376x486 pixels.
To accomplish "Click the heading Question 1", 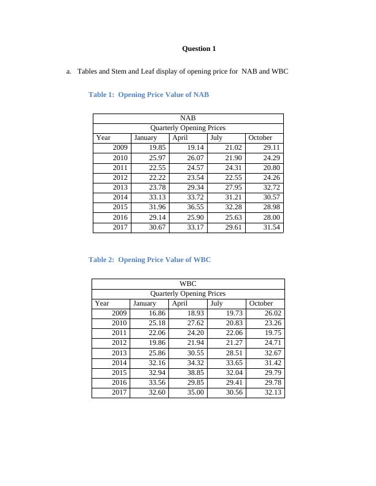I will tap(199, 48).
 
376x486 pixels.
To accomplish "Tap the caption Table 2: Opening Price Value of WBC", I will tap(149, 260).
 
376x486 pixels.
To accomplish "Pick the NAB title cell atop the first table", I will tap(188, 118).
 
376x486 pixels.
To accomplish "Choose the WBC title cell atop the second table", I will tap(188, 283).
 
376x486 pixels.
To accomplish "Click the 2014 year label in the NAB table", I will tap(120, 197).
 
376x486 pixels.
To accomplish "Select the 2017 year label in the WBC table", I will tap(119, 393).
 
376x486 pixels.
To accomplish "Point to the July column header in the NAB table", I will tap(216, 137).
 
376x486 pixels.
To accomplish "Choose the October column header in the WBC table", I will tap(261, 303).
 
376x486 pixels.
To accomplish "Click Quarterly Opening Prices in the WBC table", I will tap(188, 293).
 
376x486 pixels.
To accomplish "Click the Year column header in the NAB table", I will tap(103, 137).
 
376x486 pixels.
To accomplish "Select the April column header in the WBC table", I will tap(180, 303).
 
